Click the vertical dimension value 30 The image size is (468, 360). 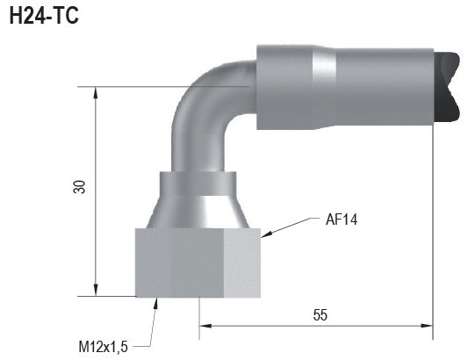pyautogui.click(x=80, y=186)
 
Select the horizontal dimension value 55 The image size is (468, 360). pyautogui.click(x=320, y=314)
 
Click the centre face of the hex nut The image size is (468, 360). pyautogui.click(x=199, y=262)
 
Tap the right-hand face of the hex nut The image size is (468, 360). pyautogui.click(x=242, y=262)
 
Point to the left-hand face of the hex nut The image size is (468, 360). pyautogui.click(x=155, y=262)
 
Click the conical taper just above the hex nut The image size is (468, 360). pyautogui.click(x=198, y=212)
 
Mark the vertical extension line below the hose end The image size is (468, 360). pyautogui.click(x=433, y=228)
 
